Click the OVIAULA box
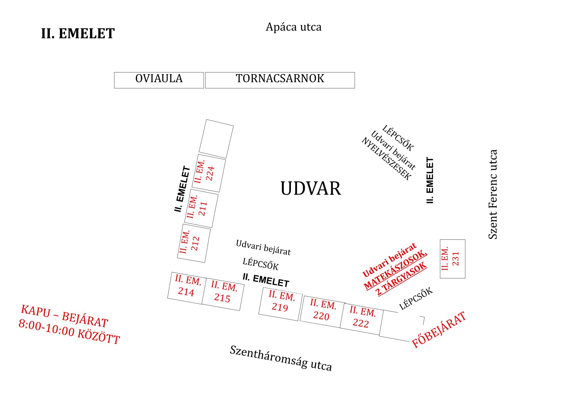click(x=159, y=80)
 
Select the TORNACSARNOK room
click(x=280, y=80)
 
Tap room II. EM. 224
click(x=209, y=173)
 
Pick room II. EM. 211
click(x=201, y=208)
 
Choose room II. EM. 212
click(x=194, y=243)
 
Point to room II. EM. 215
click(x=223, y=293)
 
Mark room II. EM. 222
click(x=362, y=318)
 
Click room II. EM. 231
click(x=452, y=259)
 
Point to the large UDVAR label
click(x=311, y=188)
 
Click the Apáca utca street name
click(x=293, y=27)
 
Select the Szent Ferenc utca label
click(x=493, y=194)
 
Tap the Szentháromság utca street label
click(x=281, y=358)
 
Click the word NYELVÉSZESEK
click(x=386, y=159)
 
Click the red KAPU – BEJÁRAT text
click(x=64, y=316)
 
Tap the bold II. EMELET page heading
click(x=78, y=34)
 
